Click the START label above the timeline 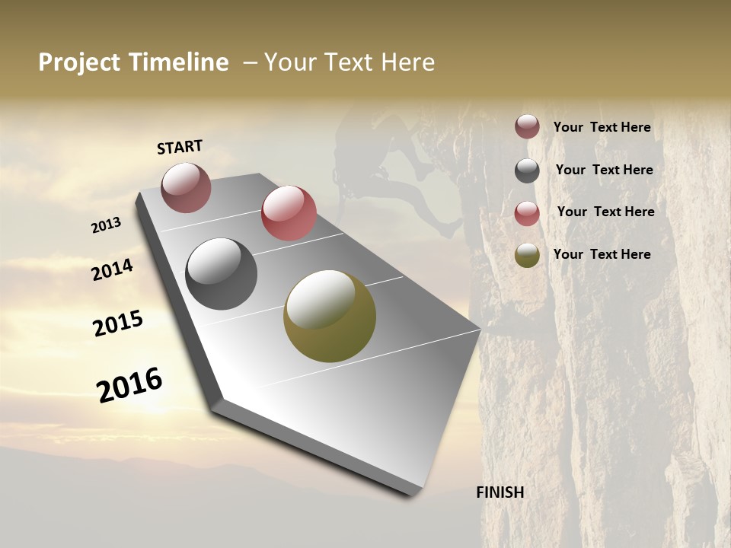[180, 147]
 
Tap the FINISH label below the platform [500, 492]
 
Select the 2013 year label [107, 225]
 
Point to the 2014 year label [113, 269]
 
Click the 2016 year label [129, 385]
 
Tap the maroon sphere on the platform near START [186, 187]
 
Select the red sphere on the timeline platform [289, 213]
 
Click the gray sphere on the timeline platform [222, 274]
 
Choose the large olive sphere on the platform [330, 316]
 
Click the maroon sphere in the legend [527, 126]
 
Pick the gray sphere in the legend [527, 170]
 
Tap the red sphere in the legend [527, 213]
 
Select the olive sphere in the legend [527, 255]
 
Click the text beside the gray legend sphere [604, 170]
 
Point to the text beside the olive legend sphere [602, 254]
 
